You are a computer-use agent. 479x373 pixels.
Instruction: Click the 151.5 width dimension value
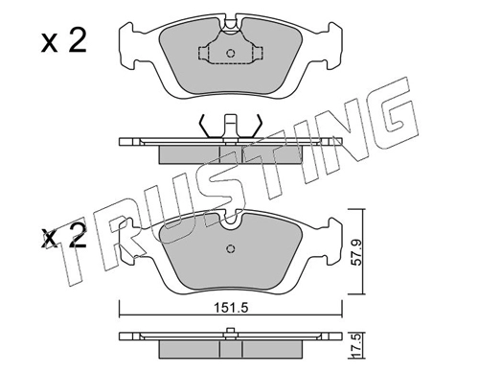(231, 308)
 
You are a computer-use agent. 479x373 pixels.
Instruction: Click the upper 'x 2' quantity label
(64, 42)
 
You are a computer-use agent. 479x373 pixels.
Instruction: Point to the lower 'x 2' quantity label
(64, 237)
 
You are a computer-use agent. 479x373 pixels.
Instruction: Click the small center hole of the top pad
(231, 53)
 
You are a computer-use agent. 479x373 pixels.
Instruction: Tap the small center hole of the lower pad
(231, 248)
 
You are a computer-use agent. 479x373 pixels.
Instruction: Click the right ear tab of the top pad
(333, 46)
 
